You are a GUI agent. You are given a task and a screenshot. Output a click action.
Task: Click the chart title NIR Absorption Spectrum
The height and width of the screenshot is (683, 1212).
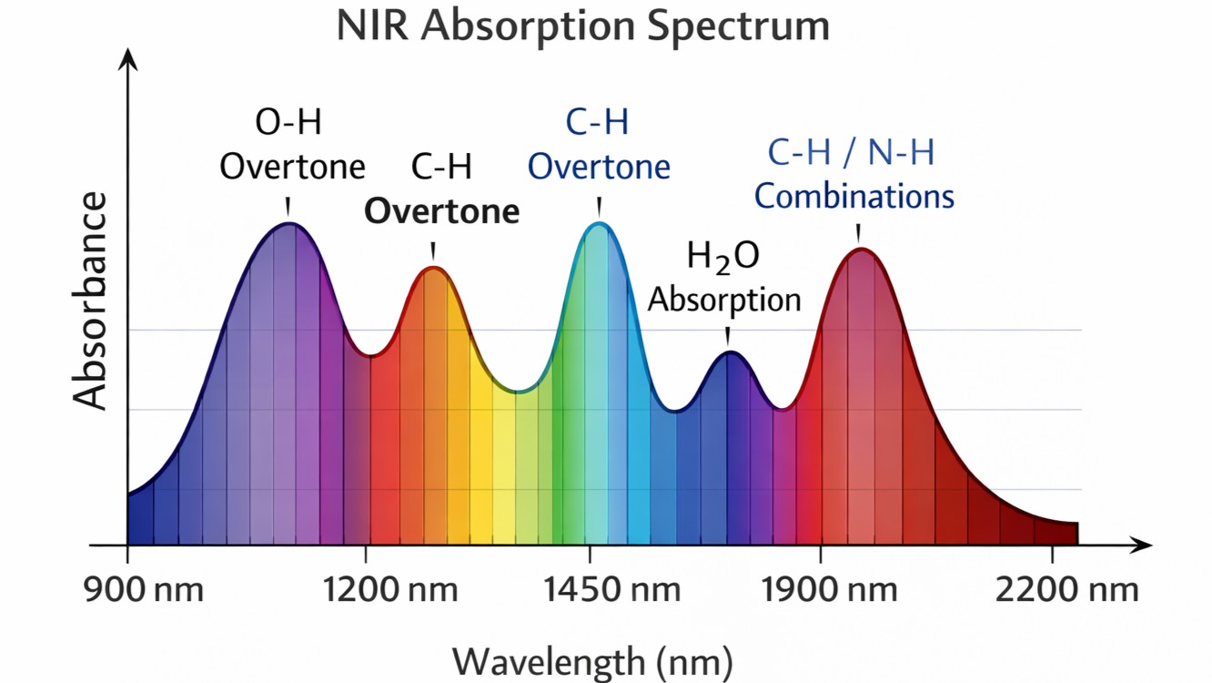[582, 25]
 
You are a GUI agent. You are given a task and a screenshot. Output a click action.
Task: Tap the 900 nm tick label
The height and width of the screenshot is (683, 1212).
[144, 589]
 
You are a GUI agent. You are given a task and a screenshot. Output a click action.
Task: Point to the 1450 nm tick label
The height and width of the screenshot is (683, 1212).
[612, 589]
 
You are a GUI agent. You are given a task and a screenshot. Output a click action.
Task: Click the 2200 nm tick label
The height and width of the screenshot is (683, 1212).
[1066, 589]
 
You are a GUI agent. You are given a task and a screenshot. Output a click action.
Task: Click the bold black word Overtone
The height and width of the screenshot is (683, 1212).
[442, 211]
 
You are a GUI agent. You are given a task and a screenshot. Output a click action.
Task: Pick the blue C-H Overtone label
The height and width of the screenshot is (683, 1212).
[599, 145]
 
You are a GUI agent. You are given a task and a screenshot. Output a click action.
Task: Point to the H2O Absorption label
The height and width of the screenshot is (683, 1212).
[724, 277]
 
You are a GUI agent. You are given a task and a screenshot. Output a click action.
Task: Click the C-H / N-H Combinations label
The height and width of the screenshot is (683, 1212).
[853, 173]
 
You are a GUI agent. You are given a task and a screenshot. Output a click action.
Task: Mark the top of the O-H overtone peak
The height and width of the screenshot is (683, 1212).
[288, 224]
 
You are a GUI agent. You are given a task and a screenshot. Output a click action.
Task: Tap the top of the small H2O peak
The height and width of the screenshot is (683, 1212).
[729, 352]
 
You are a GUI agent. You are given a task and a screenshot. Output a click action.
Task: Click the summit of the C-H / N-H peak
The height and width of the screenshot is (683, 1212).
[859, 250]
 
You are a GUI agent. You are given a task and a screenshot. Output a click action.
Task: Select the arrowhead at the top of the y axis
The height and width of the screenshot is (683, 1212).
[128, 60]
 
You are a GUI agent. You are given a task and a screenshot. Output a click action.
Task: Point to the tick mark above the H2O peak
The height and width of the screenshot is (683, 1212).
[727, 335]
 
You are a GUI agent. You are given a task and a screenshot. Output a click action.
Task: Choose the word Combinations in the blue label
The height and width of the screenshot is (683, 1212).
[853, 196]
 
